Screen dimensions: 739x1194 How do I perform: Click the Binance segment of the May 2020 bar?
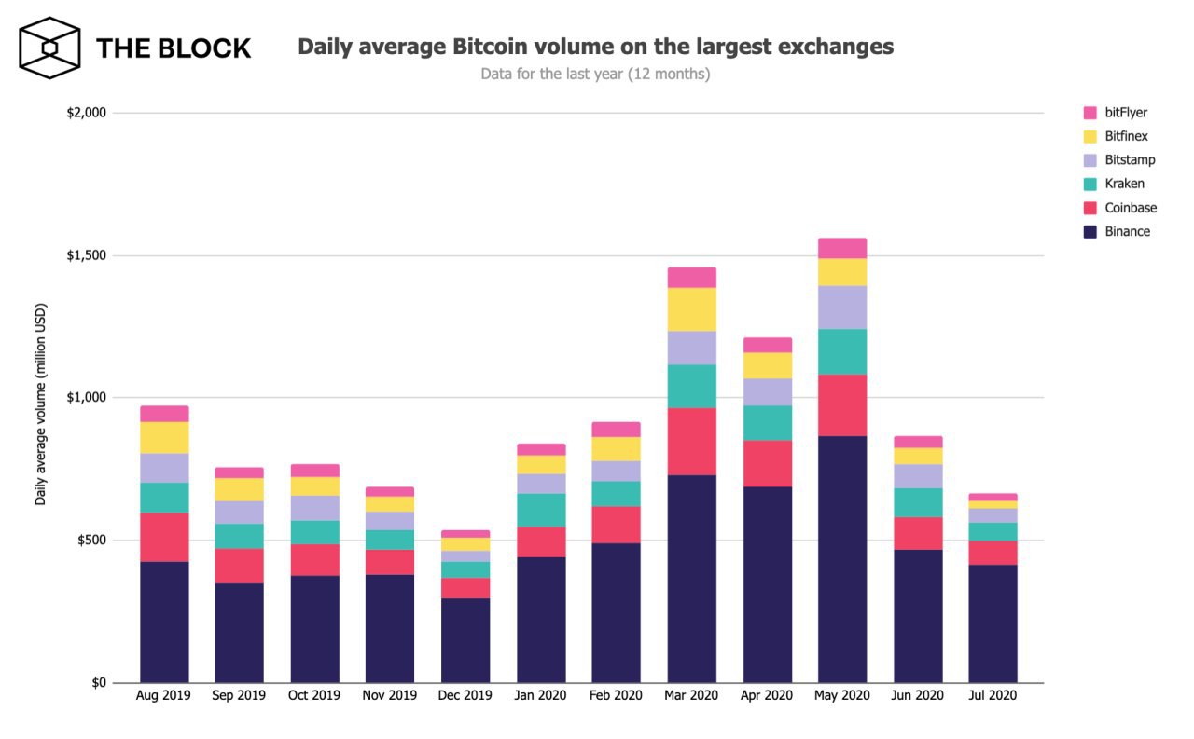coord(842,559)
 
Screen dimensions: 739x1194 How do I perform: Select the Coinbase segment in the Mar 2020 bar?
coord(692,442)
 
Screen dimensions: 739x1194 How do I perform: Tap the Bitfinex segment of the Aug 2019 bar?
coord(164,438)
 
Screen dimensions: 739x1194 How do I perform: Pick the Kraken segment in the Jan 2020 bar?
coord(541,510)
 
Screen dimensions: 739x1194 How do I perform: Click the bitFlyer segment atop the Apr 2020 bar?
coord(768,345)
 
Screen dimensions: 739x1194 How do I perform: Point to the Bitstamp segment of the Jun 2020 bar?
coord(918,476)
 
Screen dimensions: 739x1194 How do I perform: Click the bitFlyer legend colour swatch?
coord(1090,113)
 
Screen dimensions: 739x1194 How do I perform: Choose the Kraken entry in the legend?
coord(1124,184)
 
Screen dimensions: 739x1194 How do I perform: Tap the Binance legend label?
coord(1128,231)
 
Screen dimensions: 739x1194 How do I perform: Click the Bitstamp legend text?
coord(1130,160)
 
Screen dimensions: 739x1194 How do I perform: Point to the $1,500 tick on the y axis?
coord(87,255)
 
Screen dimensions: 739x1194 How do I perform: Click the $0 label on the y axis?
coord(99,683)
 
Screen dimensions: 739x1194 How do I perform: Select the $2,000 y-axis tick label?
coord(87,113)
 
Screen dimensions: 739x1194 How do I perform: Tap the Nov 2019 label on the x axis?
coord(390,696)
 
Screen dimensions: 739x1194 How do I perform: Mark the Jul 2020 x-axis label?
coord(993,696)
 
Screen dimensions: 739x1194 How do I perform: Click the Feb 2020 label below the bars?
coord(616,696)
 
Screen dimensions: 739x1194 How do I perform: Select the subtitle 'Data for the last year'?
coord(595,74)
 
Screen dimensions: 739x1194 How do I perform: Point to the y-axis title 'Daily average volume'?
coord(41,410)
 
